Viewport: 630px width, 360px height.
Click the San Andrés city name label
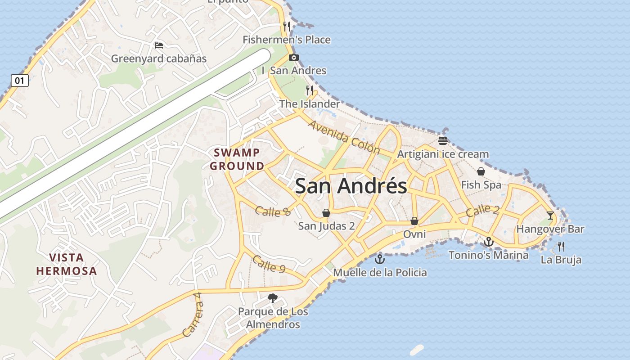pyautogui.click(x=351, y=186)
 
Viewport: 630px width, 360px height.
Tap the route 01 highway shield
pyautogui.click(x=19, y=81)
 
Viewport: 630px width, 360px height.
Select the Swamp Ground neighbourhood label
pyautogui.click(x=237, y=159)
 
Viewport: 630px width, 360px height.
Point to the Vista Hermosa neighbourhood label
pyautogui.click(x=67, y=264)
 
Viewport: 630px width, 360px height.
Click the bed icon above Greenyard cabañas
pyautogui.click(x=158, y=45)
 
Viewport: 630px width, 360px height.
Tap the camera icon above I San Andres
pyautogui.click(x=294, y=57)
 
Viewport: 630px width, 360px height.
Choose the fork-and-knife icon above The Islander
pyautogui.click(x=310, y=90)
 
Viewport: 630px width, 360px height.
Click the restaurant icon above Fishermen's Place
pyautogui.click(x=287, y=27)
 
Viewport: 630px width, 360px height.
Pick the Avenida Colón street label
pyautogui.click(x=344, y=137)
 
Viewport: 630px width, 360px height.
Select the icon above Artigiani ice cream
pyautogui.click(x=443, y=141)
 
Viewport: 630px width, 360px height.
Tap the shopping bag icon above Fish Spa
pyautogui.click(x=481, y=171)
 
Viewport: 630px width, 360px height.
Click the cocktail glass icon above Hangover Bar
pyautogui.click(x=550, y=216)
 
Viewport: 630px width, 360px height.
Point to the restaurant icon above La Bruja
pyautogui.click(x=561, y=246)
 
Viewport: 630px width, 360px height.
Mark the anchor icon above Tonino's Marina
pyautogui.click(x=489, y=242)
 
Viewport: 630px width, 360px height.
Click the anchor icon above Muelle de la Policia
pyautogui.click(x=380, y=259)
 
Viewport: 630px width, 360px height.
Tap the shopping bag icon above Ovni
pyautogui.click(x=414, y=221)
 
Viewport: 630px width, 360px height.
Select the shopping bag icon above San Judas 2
pyautogui.click(x=326, y=213)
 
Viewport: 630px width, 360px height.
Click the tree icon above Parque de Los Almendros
pyautogui.click(x=272, y=298)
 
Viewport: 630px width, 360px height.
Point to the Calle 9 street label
pyautogui.click(x=269, y=264)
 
